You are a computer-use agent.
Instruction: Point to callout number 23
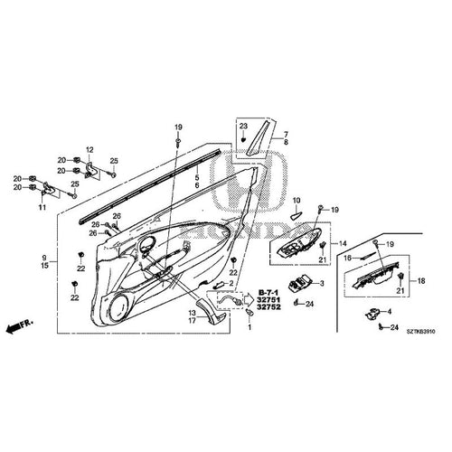[x=243, y=126]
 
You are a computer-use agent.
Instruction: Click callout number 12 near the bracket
[x=90, y=148]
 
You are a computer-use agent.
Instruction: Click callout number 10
[x=296, y=200]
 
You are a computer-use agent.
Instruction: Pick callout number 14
[x=343, y=243]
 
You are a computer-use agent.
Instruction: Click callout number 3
[x=321, y=283]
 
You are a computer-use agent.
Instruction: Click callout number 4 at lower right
[x=390, y=311]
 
